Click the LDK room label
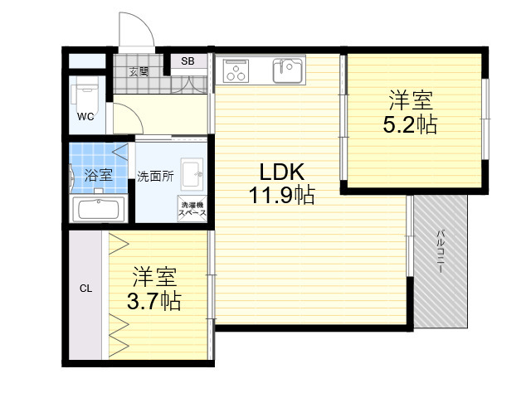click(282, 172)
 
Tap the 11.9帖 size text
click(282, 195)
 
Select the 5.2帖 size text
click(410, 124)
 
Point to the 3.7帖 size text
click(154, 301)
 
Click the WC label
click(85, 117)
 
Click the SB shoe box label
click(188, 61)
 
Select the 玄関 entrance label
click(139, 71)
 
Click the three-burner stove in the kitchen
click(236, 70)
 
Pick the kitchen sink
click(288, 70)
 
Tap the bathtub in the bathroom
click(99, 209)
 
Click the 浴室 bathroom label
click(99, 175)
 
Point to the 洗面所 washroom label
click(155, 177)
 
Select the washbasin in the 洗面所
click(192, 174)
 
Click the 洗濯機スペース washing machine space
click(192, 209)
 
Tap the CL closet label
click(85, 289)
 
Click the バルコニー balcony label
click(441, 251)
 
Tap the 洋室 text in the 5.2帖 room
click(411, 99)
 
